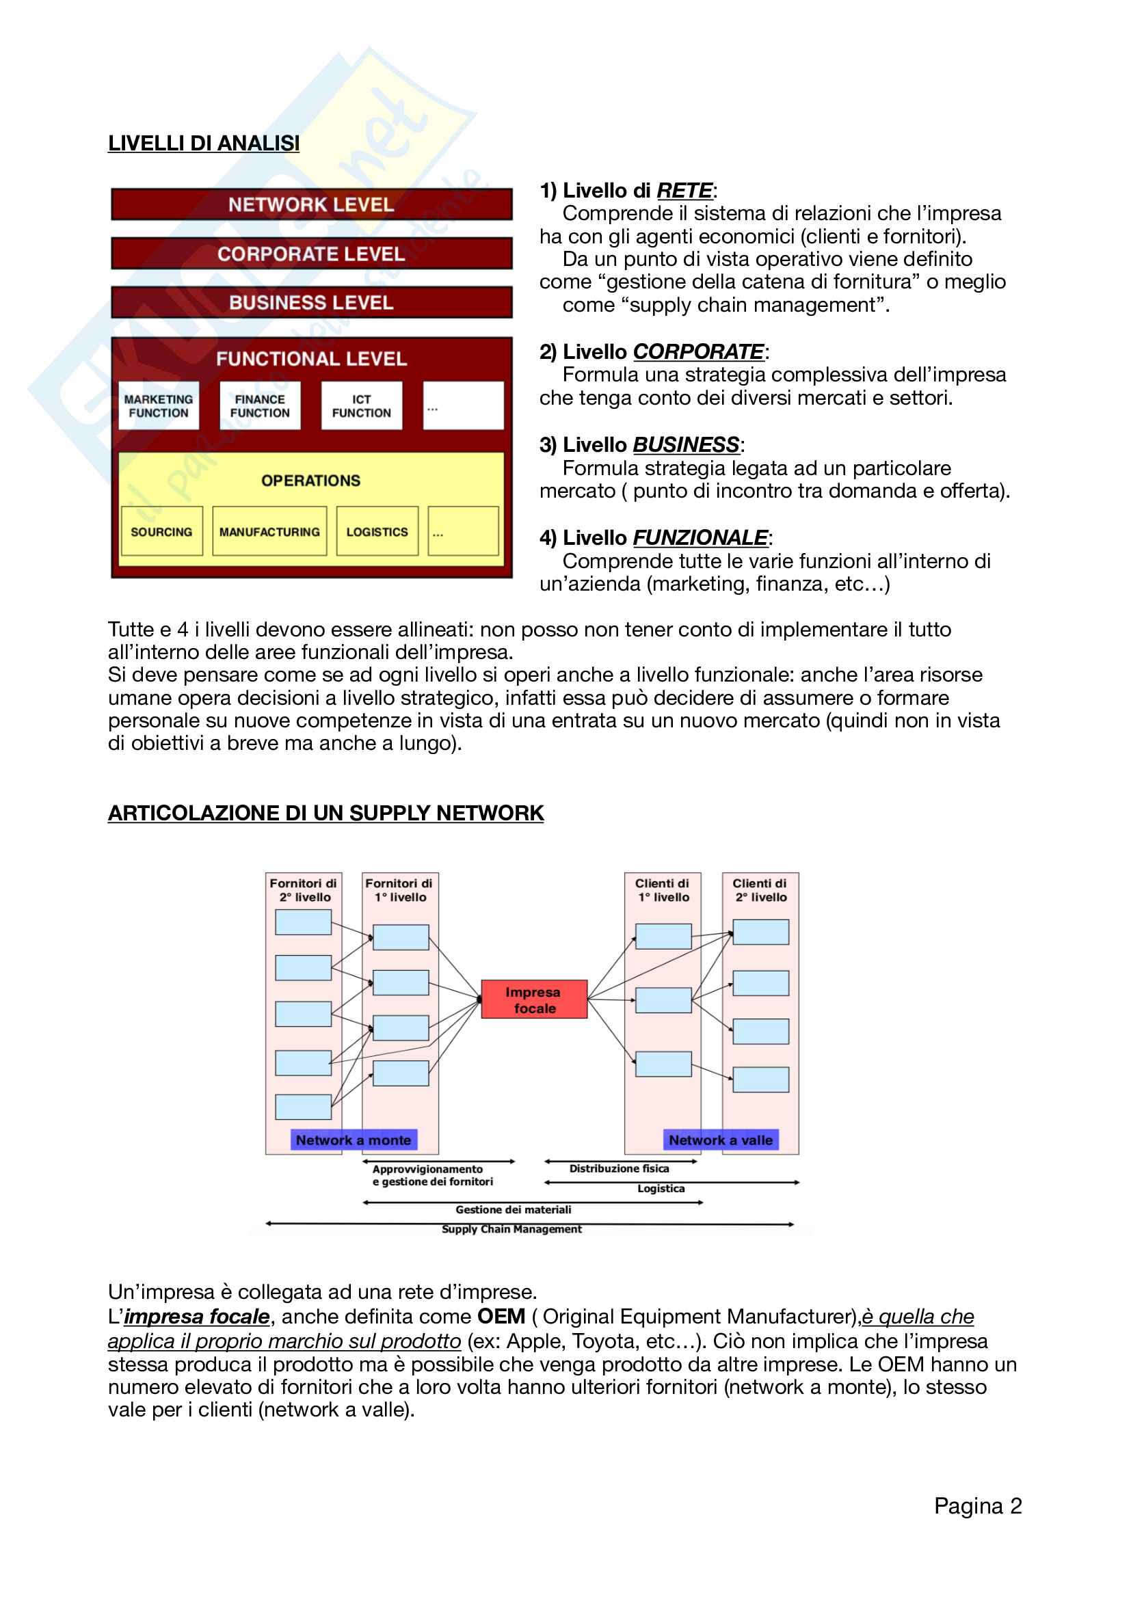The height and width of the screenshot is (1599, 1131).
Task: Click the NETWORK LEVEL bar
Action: click(311, 205)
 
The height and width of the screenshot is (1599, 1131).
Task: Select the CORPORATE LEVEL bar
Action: click(311, 254)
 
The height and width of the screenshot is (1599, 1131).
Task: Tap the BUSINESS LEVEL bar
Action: click(311, 303)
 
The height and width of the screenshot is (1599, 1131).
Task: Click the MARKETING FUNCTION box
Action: click(159, 406)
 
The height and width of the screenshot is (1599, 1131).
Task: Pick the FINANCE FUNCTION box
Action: click(260, 406)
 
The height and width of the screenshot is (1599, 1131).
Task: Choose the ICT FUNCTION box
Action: click(362, 406)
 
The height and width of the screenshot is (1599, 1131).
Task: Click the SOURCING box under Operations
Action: click(161, 531)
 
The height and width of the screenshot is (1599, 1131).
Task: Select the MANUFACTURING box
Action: click(269, 531)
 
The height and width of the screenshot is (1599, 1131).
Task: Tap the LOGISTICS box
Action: click(377, 531)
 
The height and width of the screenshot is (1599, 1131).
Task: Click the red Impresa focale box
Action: click(534, 1000)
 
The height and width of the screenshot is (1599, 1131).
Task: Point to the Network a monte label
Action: click(354, 1140)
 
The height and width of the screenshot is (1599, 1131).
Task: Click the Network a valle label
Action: click(721, 1140)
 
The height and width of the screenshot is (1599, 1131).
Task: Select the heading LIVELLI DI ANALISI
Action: click(203, 144)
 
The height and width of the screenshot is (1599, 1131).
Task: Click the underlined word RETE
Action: click(684, 190)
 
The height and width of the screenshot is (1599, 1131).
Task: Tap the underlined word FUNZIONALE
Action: click(700, 537)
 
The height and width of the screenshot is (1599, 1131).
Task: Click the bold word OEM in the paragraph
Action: click(501, 1316)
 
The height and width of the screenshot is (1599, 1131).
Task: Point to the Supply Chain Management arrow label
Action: click(512, 1229)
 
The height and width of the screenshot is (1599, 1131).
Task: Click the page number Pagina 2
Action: click(978, 1505)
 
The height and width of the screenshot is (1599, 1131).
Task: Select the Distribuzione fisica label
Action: click(619, 1168)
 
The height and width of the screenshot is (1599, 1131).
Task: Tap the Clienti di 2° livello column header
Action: click(760, 890)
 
